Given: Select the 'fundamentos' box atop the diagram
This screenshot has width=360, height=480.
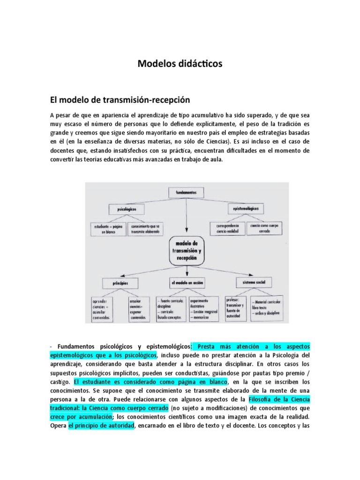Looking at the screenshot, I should point(186,192).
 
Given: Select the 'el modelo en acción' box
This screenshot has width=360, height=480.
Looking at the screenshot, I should point(187,283).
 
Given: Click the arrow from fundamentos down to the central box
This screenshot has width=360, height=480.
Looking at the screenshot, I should point(187,216).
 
